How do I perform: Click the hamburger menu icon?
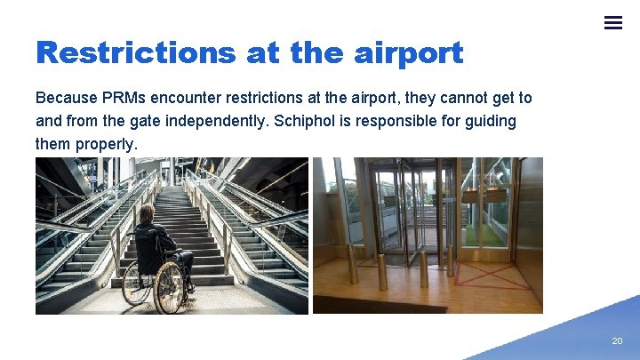(613, 23)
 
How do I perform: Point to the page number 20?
(617, 341)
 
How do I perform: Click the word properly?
(106, 143)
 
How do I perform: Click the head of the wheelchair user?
(147, 215)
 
